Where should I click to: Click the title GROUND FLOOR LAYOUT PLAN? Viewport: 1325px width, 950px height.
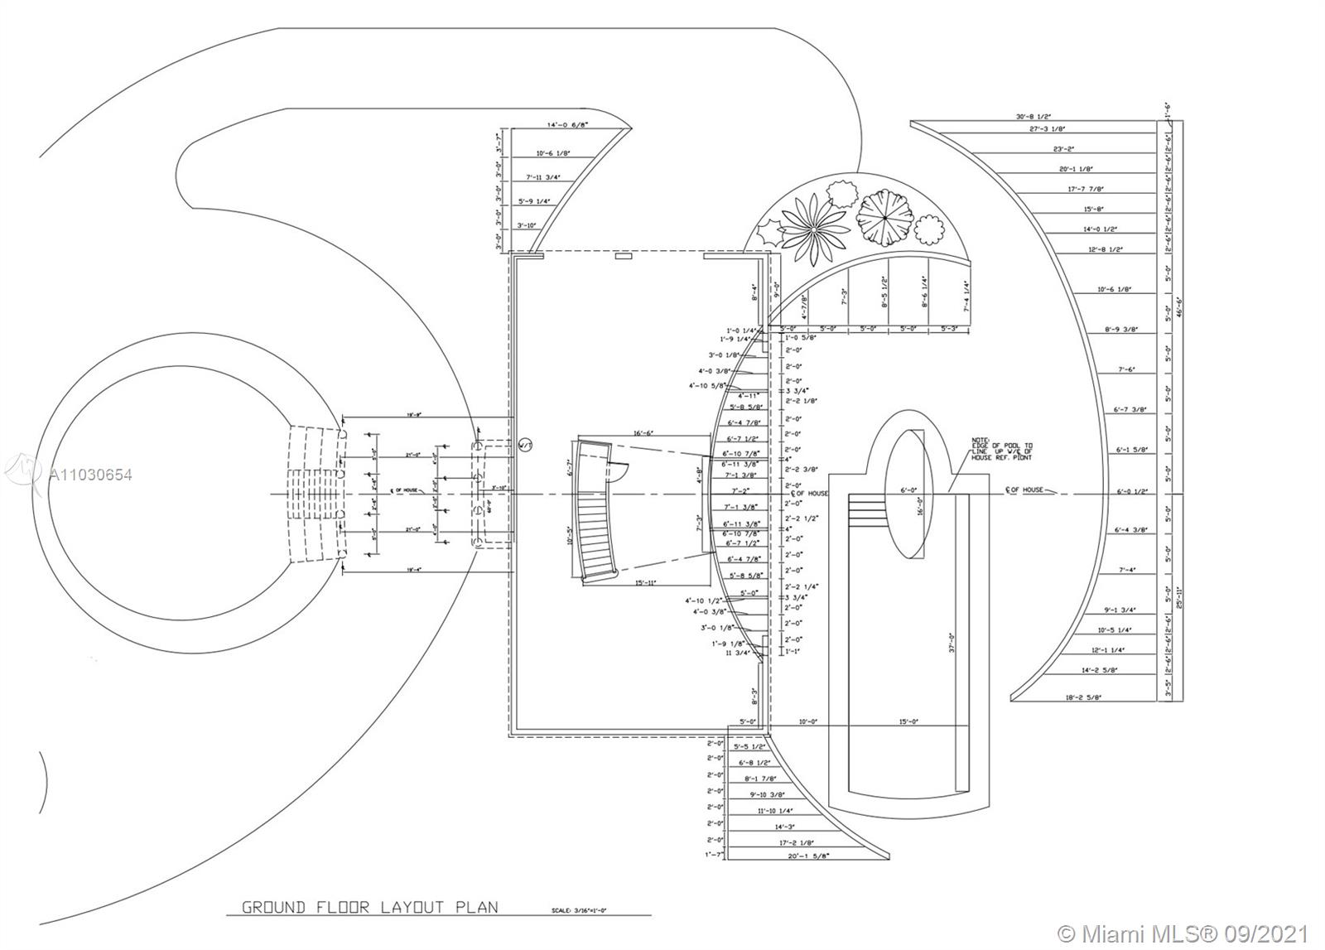pyautogui.click(x=370, y=906)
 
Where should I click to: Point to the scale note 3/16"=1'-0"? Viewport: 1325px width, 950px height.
pyautogui.click(x=579, y=910)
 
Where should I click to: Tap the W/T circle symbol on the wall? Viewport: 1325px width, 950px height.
pyautogui.click(x=524, y=446)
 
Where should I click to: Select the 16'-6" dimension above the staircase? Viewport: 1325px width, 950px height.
pyautogui.click(x=643, y=433)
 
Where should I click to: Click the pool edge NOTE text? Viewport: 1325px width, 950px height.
pyautogui.click(x=1003, y=451)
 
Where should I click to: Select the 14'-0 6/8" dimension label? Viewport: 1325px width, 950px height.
pyautogui.click(x=568, y=126)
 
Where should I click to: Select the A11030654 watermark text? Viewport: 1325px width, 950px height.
pyautogui.click(x=91, y=475)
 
